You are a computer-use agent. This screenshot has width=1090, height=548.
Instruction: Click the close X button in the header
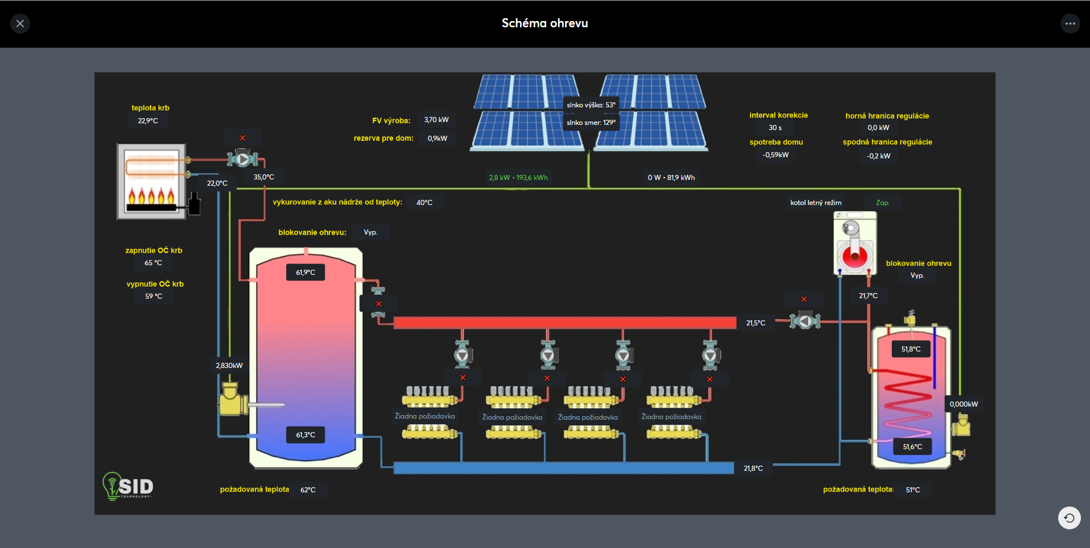20,23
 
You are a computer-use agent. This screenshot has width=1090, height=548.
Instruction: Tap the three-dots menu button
1070,23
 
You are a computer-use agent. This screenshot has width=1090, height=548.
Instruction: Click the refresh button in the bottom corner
1070,518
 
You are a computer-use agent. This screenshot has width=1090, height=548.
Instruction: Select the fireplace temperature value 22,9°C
148,121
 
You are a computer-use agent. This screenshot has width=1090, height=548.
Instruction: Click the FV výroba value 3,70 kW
437,120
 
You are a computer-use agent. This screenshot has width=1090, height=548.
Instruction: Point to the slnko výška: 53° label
591,105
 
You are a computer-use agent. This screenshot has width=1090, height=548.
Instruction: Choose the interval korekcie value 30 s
775,128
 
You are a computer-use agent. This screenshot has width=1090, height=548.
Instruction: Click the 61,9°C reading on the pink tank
305,273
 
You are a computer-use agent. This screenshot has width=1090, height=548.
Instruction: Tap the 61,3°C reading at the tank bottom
305,435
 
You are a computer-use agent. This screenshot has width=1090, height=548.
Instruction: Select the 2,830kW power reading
229,366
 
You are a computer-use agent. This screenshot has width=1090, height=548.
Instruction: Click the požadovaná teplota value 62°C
308,490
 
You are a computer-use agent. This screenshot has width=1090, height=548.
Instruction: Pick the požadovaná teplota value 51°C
913,490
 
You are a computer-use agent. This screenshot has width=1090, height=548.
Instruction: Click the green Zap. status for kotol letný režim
883,203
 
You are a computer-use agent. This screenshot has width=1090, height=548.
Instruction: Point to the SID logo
128,486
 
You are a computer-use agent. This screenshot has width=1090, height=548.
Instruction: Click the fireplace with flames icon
152,181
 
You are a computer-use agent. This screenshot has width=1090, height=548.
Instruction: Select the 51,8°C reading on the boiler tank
911,349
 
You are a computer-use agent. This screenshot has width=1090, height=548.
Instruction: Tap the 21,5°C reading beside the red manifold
756,323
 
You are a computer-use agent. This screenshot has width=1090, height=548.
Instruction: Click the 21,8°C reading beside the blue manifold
753,468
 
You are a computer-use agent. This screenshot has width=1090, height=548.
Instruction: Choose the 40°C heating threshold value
425,203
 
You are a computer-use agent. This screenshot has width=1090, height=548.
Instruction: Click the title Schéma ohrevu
545,23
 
